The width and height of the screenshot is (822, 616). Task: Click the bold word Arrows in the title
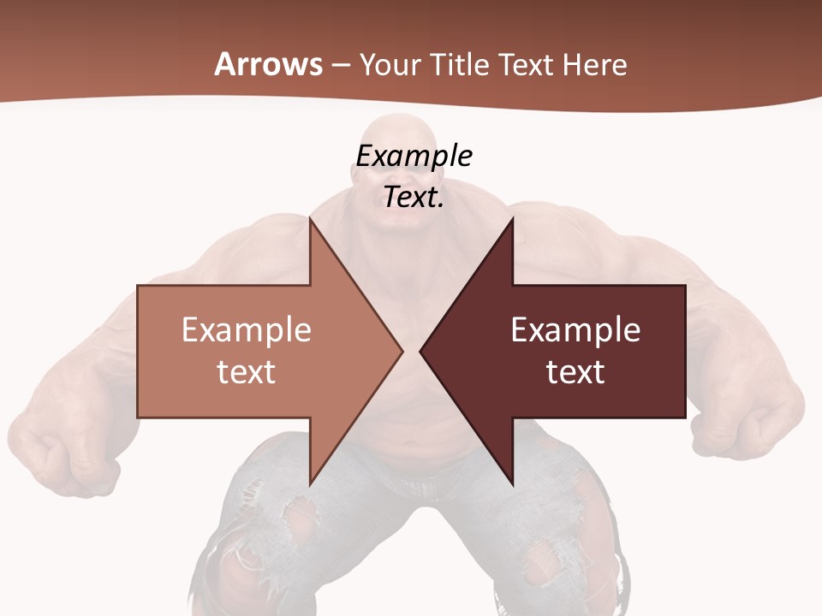268,64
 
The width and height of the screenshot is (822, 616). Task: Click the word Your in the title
390,64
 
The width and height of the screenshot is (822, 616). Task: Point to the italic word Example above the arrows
414,156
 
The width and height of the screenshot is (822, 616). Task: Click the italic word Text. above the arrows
414,198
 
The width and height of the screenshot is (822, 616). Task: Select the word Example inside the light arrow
247,330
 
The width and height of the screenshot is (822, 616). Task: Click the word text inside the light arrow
247,372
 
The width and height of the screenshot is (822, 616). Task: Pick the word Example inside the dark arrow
575,330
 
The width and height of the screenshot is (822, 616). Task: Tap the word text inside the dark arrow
575,372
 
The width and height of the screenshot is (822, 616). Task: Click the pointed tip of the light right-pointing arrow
401,351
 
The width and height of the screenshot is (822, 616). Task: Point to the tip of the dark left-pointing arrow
422,351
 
